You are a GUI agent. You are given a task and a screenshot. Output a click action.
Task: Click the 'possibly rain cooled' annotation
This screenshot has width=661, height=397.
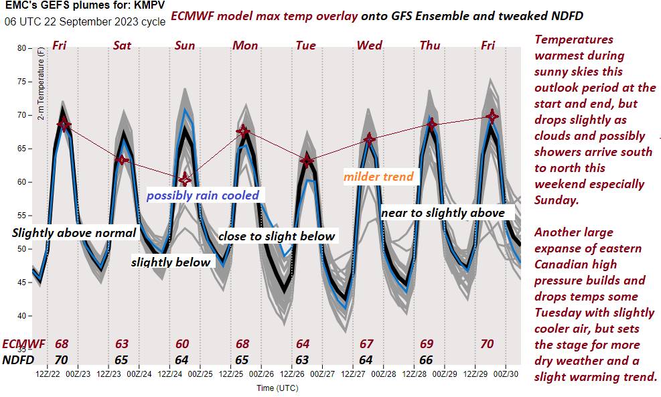[x=202, y=195]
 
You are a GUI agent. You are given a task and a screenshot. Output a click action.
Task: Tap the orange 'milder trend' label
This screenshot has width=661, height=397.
[x=378, y=177]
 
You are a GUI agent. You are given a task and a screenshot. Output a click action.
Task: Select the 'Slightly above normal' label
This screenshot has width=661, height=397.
[x=74, y=233]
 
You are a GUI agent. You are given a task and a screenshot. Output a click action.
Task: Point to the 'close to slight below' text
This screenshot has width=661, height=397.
[x=277, y=236]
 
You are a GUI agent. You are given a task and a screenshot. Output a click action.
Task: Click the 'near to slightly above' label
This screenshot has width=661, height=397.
[x=443, y=212]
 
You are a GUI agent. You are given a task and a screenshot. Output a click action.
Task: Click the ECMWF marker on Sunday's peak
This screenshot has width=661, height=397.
[x=185, y=179]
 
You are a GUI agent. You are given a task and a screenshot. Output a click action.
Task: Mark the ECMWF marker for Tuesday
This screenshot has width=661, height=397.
[x=307, y=161]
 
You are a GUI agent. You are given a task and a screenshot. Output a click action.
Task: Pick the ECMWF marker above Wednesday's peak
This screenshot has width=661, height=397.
[x=369, y=139]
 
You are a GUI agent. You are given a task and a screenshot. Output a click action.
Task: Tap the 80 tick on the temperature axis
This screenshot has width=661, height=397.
[x=21, y=48]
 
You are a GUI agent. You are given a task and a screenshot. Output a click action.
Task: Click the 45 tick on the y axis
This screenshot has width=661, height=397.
[x=21, y=283]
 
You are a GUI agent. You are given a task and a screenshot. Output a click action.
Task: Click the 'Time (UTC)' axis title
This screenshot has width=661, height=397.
[x=277, y=388]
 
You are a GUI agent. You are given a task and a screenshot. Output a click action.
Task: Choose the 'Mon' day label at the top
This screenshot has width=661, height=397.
[x=245, y=46]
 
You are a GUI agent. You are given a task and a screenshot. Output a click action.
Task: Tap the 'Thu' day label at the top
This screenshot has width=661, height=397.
[x=430, y=46]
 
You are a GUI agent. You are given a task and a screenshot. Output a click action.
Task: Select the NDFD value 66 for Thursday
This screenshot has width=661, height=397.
[x=427, y=360]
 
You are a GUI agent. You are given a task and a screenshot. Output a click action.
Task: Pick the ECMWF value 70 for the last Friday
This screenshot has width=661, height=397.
[x=488, y=344]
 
